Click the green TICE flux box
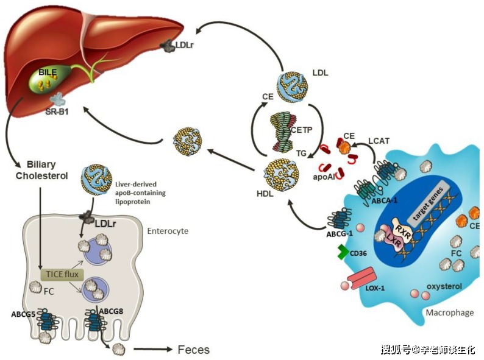click(62, 274)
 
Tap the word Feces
click(193, 350)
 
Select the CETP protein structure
click(283, 132)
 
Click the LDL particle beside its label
click(292, 86)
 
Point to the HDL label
click(265, 194)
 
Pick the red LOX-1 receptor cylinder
click(361, 278)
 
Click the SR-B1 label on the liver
click(57, 111)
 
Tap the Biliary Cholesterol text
click(42, 170)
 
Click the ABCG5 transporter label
click(23, 314)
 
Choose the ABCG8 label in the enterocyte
click(111, 311)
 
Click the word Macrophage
click(450, 312)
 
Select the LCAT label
click(379, 141)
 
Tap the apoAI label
click(324, 177)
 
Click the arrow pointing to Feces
click(153, 349)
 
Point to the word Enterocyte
click(168, 231)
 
